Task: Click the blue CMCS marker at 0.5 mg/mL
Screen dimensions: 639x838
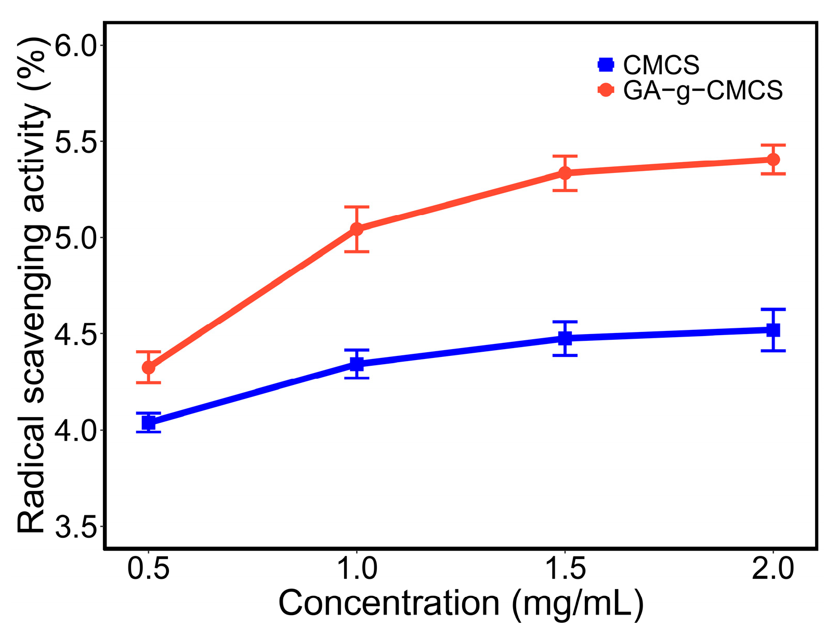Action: [149, 423]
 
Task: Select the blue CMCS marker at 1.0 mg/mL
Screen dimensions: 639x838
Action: [357, 364]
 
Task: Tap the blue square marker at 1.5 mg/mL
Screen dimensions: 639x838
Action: [565, 338]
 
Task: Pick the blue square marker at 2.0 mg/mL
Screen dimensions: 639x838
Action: [773, 330]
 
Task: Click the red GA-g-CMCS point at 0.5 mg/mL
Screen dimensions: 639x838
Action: [149, 367]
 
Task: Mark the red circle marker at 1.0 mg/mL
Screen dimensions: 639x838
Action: [357, 229]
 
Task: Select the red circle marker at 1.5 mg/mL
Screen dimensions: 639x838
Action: [565, 172]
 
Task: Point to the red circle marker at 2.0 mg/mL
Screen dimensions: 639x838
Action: [773, 159]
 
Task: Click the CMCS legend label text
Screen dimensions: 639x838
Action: [661, 65]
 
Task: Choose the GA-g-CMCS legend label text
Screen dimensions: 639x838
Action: [703, 91]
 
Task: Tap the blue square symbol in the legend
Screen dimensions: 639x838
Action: [606, 64]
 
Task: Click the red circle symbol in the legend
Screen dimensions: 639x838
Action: [606, 90]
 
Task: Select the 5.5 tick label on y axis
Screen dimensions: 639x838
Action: [76, 142]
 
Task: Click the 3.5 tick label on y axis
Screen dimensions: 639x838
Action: [76, 527]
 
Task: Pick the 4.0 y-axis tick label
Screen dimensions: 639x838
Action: [76, 431]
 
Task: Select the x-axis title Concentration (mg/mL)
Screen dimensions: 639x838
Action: [461, 604]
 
